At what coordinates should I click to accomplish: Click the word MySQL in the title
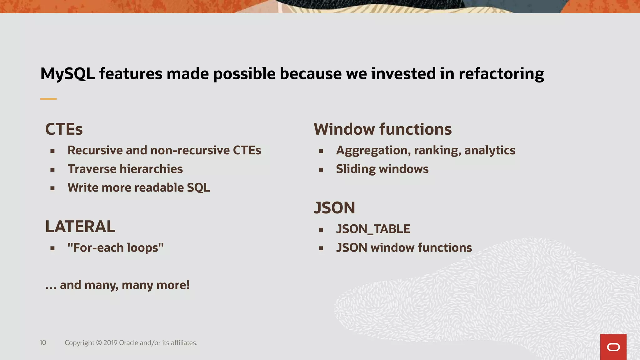67,74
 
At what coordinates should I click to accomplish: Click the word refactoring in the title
501,74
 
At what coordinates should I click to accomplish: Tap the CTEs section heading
64,129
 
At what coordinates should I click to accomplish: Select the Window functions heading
382,129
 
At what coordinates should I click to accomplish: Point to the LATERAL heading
80,227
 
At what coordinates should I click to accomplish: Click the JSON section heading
334,208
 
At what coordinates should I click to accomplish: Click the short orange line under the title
48,99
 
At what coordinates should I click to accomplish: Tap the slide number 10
43,343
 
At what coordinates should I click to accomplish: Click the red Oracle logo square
613,347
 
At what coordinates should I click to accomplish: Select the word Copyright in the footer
79,343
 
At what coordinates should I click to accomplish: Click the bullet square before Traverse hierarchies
52,170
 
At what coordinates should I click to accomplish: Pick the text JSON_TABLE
373,229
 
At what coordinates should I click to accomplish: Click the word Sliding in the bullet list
356,169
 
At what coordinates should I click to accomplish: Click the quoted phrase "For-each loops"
115,248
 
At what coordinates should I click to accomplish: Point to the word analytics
490,150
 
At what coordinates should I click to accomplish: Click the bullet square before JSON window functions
321,248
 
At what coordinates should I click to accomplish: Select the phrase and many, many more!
124,285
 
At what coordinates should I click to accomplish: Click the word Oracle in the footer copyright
129,343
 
